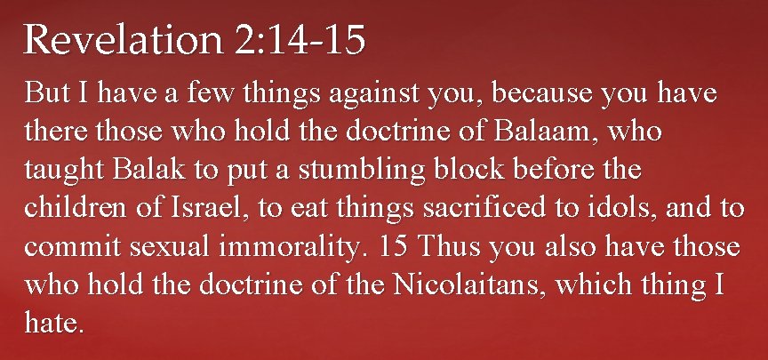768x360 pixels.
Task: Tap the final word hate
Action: click(53, 324)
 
